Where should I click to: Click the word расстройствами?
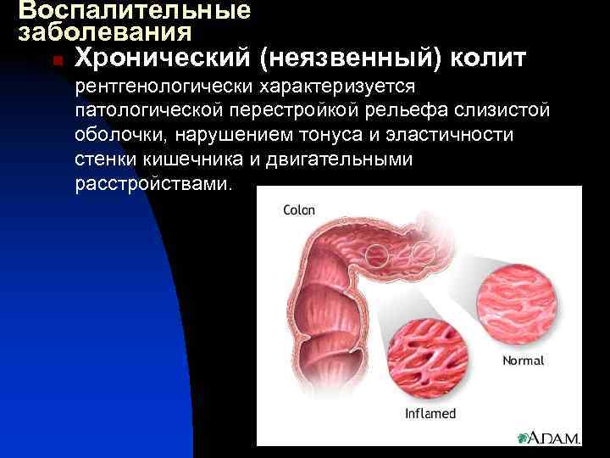152,183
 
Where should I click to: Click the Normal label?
523,360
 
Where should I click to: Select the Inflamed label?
430,414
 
